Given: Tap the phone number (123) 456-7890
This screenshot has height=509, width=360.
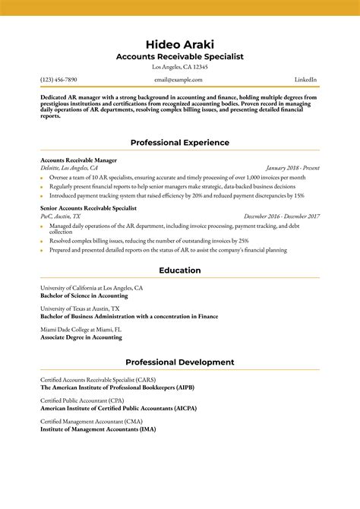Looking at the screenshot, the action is pyautogui.click(x=58, y=80).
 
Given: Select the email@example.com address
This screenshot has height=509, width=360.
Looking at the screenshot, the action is pyautogui.click(x=178, y=80).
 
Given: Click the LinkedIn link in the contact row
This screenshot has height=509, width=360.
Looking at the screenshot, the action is pyautogui.click(x=305, y=80).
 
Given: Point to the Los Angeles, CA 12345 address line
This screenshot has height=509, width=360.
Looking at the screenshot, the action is pyautogui.click(x=179, y=67).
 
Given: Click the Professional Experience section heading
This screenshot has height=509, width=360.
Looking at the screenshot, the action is pyautogui.click(x=179, y=142).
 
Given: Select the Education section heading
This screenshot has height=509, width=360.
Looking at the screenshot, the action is pyautogui.click(x=179, y=270).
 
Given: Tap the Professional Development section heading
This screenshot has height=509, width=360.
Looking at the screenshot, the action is pyautogui.click(x=179, y=362).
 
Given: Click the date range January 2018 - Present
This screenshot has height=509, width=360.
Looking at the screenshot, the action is pyautogui.click(x=292, y=168).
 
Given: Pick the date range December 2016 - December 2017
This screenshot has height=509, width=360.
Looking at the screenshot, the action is pyautogui.click(x=282, y=217).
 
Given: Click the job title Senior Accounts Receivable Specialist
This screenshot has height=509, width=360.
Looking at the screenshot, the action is pyautogui.click(x=88, y=207).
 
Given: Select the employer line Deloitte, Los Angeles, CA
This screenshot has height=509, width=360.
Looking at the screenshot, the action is pyautogui.click(x=69, y=168).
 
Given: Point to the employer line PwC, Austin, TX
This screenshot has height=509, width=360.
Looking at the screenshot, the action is pyautogui.click(x=63, y=217).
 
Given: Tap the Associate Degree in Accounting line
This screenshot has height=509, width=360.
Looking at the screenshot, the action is pyautogui.click(x=81, y=337).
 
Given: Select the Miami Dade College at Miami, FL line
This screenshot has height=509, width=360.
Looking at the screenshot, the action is pyautogui.click(x=81, y=329).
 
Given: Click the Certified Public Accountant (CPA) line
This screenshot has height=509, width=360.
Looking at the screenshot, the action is pyautogui.click(x=82, y=400).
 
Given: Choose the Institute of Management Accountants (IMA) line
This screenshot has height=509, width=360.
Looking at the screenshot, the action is pyautogui.click(x=98, y=428).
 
